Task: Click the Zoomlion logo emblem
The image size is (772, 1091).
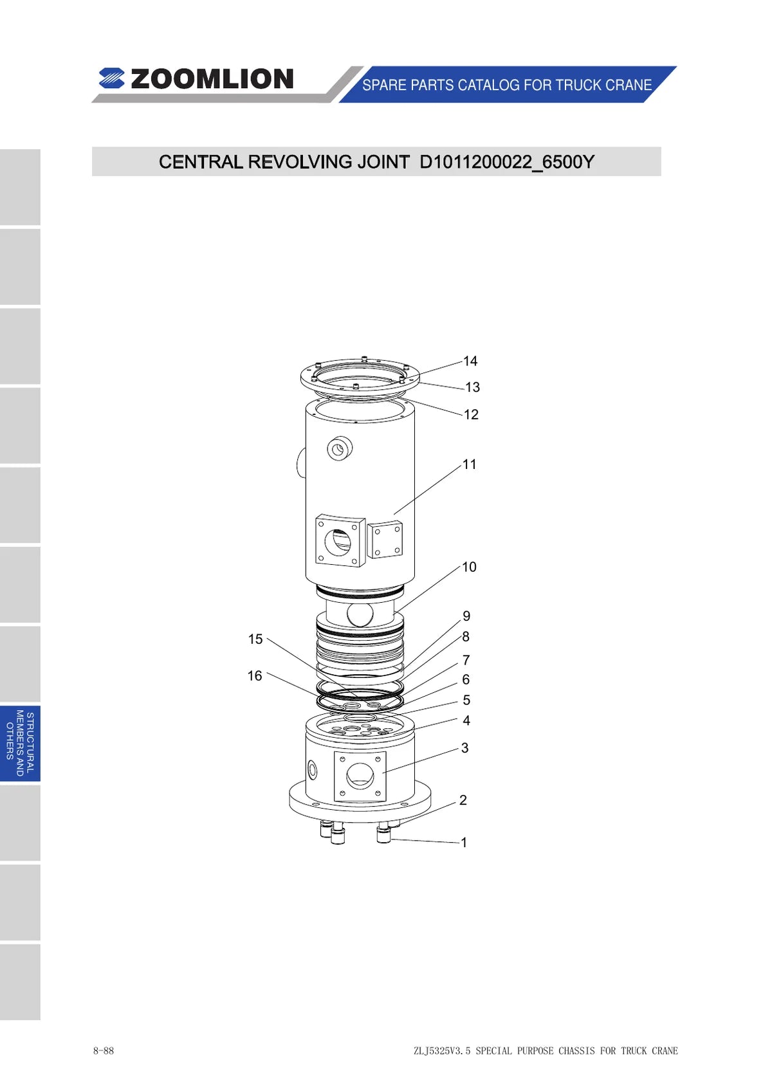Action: click(111, 78)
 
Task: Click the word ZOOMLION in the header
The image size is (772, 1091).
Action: click(212, 79)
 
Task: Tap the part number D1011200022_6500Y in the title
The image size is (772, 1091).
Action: click(506, 161)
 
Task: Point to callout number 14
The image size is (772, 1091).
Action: click(470, 361)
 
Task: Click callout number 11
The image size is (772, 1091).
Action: click(470, 464)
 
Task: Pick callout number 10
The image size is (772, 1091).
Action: click(469, 567)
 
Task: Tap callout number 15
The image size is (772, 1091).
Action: click(255, 639)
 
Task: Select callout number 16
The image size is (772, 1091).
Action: click(255, 675)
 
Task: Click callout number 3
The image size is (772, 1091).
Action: click(464, 747)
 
